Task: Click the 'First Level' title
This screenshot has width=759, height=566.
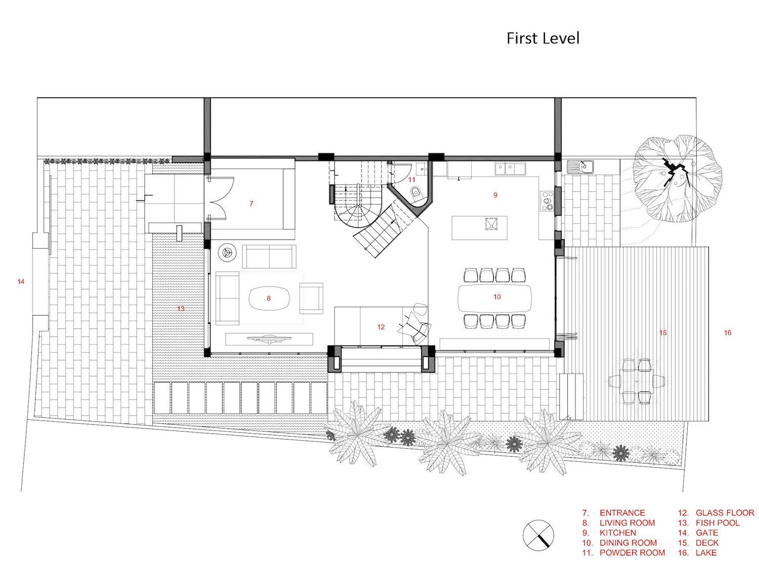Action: [542, 38]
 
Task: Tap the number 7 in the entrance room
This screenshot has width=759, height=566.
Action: [251, 203]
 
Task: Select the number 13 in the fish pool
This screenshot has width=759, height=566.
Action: [181, 309]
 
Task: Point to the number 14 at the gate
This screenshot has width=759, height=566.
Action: [21, 282]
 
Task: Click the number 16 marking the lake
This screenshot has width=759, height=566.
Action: [728, 333]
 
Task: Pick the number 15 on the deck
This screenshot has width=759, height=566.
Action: [663, 333]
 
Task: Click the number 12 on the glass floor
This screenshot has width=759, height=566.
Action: [381, 327]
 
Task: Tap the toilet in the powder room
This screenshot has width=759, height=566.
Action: [416, 192]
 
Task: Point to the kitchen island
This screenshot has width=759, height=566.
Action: [479, 228]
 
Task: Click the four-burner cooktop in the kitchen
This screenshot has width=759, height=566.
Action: [546, 200]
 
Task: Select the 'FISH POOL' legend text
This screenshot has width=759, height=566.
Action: [718, 523]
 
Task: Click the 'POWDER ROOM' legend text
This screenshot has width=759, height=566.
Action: [632, 552]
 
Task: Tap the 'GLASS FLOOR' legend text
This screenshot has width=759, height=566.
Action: [725, 513]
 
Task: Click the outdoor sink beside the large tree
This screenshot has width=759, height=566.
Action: [580, 167]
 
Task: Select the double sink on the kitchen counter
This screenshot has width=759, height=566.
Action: [510, 168]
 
